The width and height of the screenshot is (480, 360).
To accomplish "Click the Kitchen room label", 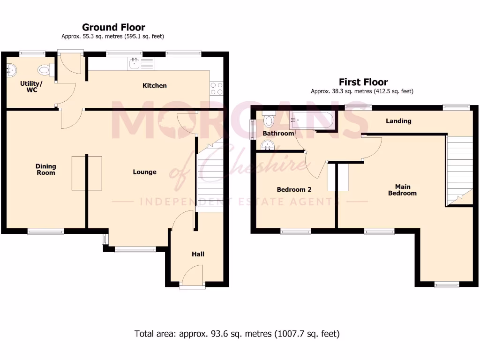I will click(x=154, y=85).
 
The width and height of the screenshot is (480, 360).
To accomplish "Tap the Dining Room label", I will click(x=45, y=169).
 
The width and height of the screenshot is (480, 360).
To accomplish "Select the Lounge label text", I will click(x=144, y=172).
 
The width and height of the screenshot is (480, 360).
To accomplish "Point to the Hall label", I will click(x=198, y=254).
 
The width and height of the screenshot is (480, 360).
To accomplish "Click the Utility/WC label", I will click(x=31, y=87).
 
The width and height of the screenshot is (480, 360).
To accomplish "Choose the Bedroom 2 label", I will click(x=294, y=189).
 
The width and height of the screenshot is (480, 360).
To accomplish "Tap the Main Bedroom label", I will click(x=402, y=190).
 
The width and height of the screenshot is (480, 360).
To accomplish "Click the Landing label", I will click(x=398, y=121).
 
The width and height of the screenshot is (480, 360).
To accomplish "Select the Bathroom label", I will click(x=278, y=134).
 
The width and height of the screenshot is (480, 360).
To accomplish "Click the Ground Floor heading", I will click(x=113, y=27).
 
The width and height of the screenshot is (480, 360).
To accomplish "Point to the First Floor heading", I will click(x=363, y=82).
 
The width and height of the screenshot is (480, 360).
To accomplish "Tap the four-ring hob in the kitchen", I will click(x=217, y=89).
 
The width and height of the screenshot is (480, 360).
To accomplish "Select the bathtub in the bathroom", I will click(x=312, y=121).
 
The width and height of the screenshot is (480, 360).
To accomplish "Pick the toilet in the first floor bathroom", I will click(x=269, y=121).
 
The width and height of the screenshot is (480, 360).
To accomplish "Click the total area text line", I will click(x=237, y=334).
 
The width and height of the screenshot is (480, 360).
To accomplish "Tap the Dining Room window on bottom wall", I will click(x=45, y=231).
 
